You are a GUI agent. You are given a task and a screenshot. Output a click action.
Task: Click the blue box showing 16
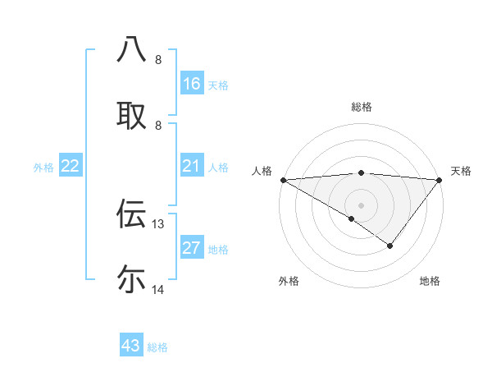191,84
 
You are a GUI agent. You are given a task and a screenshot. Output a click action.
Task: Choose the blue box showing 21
191,167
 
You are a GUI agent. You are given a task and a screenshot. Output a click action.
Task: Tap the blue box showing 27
191,249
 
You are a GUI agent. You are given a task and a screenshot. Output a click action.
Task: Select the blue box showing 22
71,167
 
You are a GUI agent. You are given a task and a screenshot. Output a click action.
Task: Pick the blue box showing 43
131,346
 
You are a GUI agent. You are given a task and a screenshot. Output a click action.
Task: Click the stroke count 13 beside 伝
158,223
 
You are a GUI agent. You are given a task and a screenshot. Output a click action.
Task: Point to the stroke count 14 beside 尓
158,289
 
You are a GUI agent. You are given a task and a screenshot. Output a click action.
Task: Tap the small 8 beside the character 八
158,60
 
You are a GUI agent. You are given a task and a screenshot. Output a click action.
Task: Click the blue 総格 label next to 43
157,347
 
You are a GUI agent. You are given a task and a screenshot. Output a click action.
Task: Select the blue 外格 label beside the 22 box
43,168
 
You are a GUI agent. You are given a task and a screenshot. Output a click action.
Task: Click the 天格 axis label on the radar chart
461,171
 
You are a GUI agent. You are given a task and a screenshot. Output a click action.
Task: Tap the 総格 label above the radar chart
361,107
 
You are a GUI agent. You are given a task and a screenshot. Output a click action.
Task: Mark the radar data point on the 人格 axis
283,180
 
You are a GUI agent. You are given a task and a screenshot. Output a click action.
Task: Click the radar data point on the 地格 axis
390,246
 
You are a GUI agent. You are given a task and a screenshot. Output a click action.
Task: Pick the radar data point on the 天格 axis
440,180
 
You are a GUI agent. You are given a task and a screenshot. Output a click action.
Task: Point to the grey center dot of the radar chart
361,204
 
